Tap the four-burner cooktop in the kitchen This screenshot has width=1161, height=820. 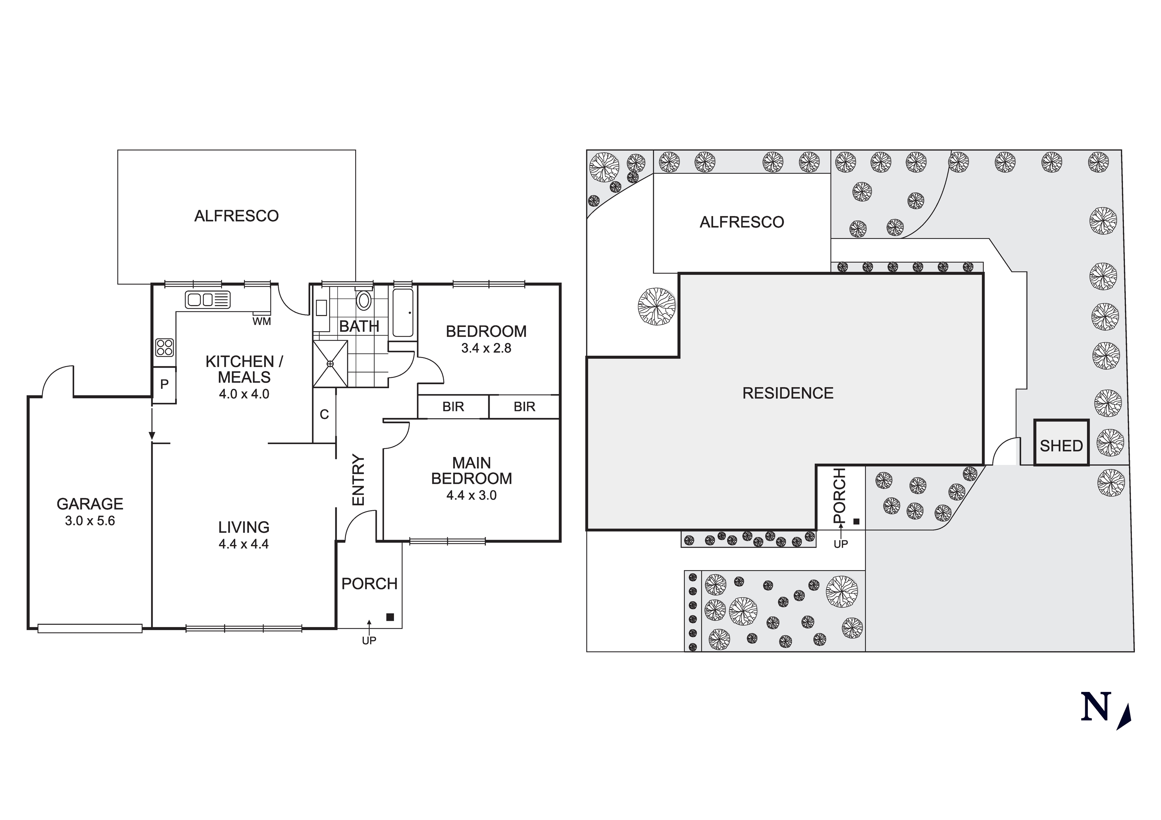164,347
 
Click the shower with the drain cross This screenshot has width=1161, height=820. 330,363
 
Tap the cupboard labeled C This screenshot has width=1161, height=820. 324,415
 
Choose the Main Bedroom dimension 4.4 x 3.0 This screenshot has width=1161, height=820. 471,495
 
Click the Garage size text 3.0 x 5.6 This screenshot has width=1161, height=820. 90,521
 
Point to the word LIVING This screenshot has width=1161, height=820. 244,527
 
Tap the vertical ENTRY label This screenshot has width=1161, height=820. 358,480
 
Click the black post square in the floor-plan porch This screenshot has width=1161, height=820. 390,617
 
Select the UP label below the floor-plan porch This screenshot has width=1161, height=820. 369,641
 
